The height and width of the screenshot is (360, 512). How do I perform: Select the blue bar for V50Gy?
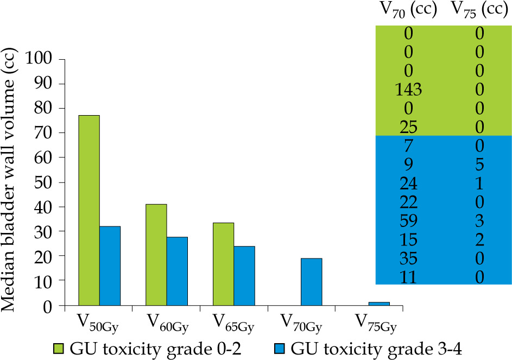[x=110, y=266]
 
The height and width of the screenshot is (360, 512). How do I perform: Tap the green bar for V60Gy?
[x=156, y=255]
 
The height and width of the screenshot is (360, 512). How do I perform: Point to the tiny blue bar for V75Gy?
[x=379, y=304]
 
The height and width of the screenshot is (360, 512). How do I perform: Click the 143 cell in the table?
[x=408, y=89]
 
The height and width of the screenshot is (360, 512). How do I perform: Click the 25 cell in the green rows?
[x=408, y=127]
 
